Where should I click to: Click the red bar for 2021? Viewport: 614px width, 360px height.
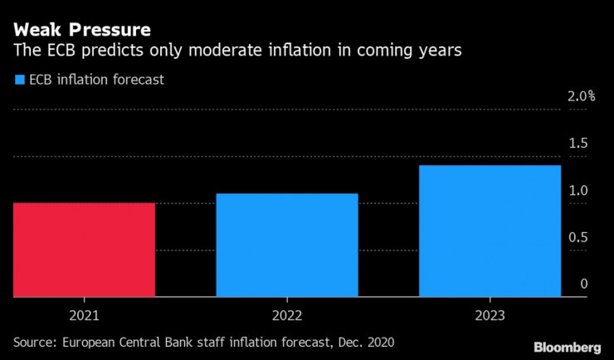point(84,249)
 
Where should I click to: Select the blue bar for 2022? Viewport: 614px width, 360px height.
point(286,245)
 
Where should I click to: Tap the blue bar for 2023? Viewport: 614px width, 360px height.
point(490,231)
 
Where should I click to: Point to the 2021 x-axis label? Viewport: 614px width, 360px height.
point(84,315)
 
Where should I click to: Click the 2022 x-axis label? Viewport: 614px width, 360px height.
point(286,315)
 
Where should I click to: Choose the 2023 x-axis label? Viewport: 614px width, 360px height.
point(490,315)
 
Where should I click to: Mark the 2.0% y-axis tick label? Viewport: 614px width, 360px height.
point(582,96)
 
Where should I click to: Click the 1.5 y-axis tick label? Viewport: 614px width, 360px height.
point(577,144)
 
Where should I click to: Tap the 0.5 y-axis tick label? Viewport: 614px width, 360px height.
point(577,238)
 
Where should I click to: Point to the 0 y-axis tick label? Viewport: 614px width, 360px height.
point(584,285)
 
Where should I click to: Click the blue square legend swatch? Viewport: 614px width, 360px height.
point(18,80)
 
